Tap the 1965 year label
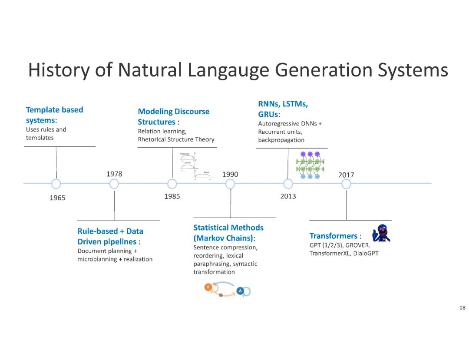click(x=57, y=198)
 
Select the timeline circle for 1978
click(x=114, y=184)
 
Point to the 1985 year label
click(x=172, y=196)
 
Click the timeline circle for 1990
click(x=231, y=184)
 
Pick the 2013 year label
click(x=288, y=196)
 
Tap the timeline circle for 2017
click(x=346, y=184)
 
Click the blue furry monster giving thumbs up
click(x=381, y=233)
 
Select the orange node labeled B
click(x=208, y=287)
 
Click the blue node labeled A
click(x=240, y=291)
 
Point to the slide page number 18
click(x=462, y=308)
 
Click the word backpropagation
click(x=281, y=140)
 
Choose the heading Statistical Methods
click(x=228, y=228)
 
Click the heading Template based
click(x=54, y=109)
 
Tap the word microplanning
click(x=97, y=259)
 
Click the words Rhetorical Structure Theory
click(x=176, y=139)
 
